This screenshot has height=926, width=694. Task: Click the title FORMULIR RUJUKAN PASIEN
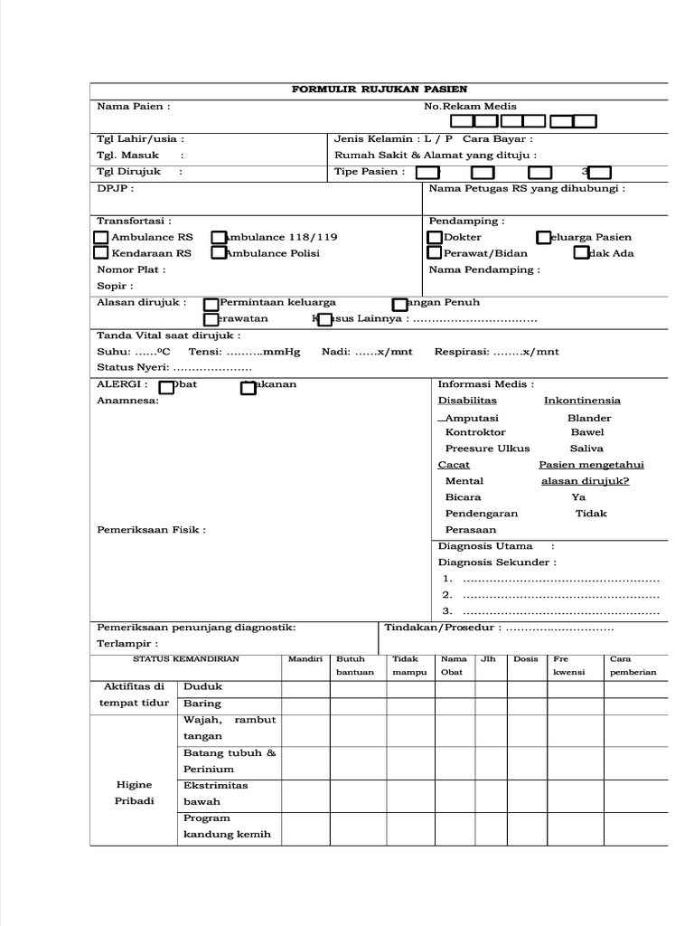tap(379, 90)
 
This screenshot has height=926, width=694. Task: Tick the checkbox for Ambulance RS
tap(101, 237)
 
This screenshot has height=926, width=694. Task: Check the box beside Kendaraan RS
tap(101, 253)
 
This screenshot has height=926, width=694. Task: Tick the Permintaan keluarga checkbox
tap(211, 304)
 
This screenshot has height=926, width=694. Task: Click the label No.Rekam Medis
tap(470, 106)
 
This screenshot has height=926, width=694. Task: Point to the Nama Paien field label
tap(133, 106)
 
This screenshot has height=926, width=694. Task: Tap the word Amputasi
tap(471, 418)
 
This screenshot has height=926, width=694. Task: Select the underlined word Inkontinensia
tap(582, 400)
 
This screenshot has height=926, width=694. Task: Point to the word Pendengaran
tap(483, 514)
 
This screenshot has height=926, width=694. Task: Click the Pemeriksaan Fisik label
tap(151, 530)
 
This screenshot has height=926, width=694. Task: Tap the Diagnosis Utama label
tap(485, 546)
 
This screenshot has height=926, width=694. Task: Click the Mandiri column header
tap(305, 659)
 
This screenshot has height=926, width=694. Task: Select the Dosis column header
tap(525, 659)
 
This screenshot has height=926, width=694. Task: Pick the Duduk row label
tap(202, 686)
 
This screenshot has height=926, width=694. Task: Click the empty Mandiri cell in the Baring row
tap(305, 704)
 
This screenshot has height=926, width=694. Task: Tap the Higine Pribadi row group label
tap(134, 793)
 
